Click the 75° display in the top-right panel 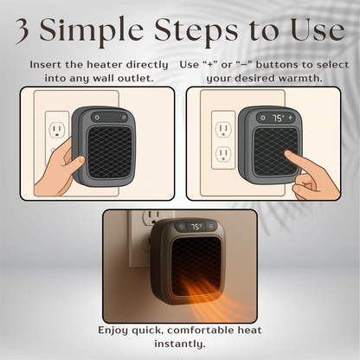pos(278,116)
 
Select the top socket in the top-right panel pos(222,129)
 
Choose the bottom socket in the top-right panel pos(222,157)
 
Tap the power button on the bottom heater pos(180,228)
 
